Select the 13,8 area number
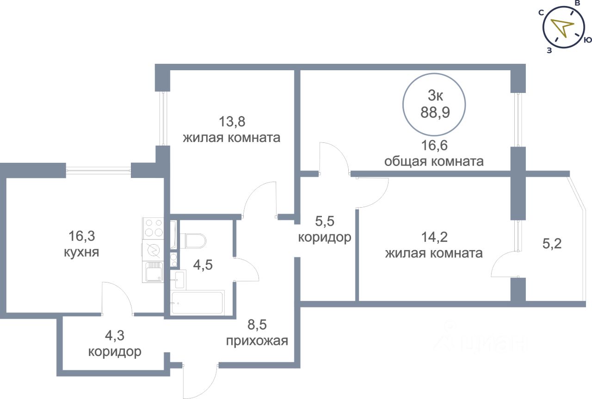pos(232,122)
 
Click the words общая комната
pos(434,161)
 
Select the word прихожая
pos(257,341)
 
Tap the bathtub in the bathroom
pos(197,303)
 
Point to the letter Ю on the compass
pos(587,40)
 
